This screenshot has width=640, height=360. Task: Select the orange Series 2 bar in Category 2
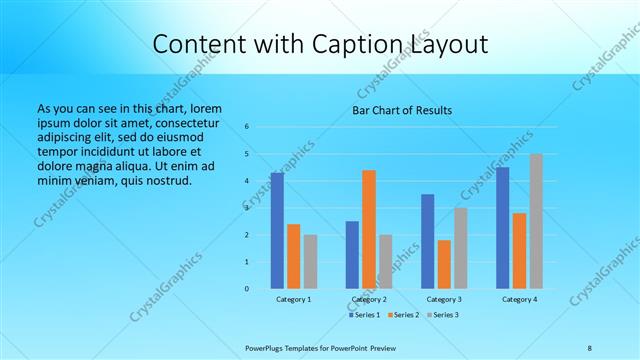tap(369, 229)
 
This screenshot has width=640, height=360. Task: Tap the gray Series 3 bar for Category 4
tap(536, 221)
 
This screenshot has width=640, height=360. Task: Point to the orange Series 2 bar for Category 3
tap(444, 264)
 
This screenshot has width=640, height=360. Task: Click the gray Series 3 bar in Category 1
tap(310, 261)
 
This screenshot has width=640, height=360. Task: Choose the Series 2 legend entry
tap(406, 315)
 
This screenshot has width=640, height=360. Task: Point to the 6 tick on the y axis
tap(247, 127)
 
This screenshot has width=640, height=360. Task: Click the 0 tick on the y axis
tap(247, 289)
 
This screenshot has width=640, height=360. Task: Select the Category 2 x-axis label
tap(369, 299)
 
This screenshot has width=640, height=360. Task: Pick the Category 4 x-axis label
tap(519, 299)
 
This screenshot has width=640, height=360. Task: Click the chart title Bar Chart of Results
tap(403, 110)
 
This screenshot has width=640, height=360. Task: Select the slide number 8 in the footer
tap(590, 347)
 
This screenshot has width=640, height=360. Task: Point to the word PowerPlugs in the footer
tap(267, 347)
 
